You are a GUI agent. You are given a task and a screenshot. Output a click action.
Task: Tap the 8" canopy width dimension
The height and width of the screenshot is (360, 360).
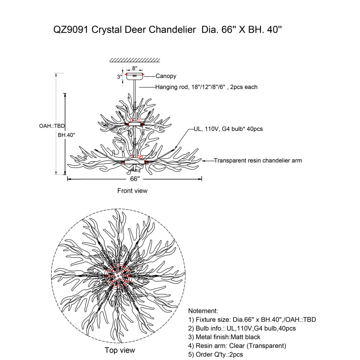pos(134,68)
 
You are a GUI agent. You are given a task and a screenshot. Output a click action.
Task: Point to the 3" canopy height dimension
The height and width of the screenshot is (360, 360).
pos(119,77)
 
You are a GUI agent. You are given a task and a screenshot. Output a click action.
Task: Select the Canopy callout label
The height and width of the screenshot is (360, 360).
pos(166,76)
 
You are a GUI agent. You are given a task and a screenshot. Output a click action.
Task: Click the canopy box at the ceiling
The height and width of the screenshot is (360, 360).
pos(134,77)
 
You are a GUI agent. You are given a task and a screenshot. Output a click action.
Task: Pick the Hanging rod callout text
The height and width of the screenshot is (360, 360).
pos(206,87)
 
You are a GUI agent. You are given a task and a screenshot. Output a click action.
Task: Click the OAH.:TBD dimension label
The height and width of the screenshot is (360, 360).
pos(52,126)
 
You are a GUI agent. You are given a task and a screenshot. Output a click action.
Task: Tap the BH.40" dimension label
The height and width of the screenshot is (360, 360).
pos(66,135)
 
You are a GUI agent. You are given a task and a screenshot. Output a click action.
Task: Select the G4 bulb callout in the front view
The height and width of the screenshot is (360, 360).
pos(228,129)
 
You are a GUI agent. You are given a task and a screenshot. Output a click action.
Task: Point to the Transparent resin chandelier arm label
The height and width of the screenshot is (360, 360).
pos(258,160)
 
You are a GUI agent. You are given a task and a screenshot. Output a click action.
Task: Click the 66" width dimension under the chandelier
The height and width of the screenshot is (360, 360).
pos(135,179)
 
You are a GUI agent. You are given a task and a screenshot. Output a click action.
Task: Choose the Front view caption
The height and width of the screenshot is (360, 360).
pos(132,191)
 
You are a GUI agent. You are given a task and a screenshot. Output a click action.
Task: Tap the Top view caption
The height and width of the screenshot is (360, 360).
pos(120,350)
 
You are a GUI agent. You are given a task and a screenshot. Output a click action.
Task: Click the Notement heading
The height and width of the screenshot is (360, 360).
pos(203,311)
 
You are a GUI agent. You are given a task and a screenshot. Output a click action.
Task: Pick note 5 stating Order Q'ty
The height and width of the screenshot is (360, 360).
pos(215,355)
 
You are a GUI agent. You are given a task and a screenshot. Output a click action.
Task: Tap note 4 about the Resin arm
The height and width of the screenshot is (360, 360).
pos(237,346)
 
